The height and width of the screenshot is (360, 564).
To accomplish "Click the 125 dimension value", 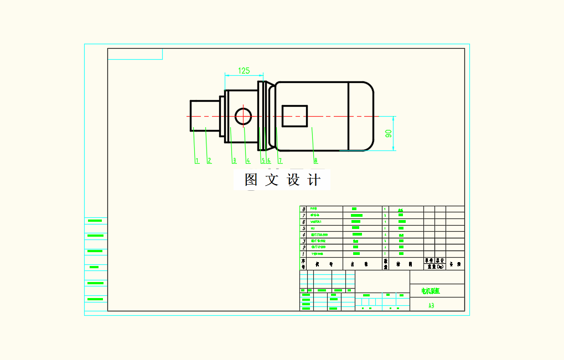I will [244, 70].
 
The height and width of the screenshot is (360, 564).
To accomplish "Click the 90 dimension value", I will [389, 133].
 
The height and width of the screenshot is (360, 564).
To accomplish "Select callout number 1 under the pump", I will [196, 161].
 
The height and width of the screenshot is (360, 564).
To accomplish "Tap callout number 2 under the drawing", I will [209, 161].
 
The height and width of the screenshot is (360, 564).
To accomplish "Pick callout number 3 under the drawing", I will [234, 161].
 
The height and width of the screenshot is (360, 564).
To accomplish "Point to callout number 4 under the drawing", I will [248, 161].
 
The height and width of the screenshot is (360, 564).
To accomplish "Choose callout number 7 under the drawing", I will [280, 161].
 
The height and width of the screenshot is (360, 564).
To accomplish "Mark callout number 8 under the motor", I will [315, 161].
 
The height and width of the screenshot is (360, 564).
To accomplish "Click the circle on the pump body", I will [244, 116].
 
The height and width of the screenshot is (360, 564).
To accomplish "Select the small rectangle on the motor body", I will [294, 116].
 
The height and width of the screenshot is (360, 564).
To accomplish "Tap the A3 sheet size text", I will [431, 305].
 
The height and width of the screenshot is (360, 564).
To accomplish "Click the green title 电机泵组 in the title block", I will [431, 290].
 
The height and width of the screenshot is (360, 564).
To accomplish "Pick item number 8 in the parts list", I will [303, 210].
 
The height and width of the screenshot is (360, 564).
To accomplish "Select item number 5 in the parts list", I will [303, 228].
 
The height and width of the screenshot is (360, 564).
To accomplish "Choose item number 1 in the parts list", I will [303, 254].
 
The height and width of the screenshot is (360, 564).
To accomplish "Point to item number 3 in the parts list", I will [303, 241].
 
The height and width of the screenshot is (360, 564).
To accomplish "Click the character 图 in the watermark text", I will [251, 180].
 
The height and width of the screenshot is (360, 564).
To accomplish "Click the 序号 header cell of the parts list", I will [303, 263].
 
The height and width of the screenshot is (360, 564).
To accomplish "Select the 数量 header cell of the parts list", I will [386, 263].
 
